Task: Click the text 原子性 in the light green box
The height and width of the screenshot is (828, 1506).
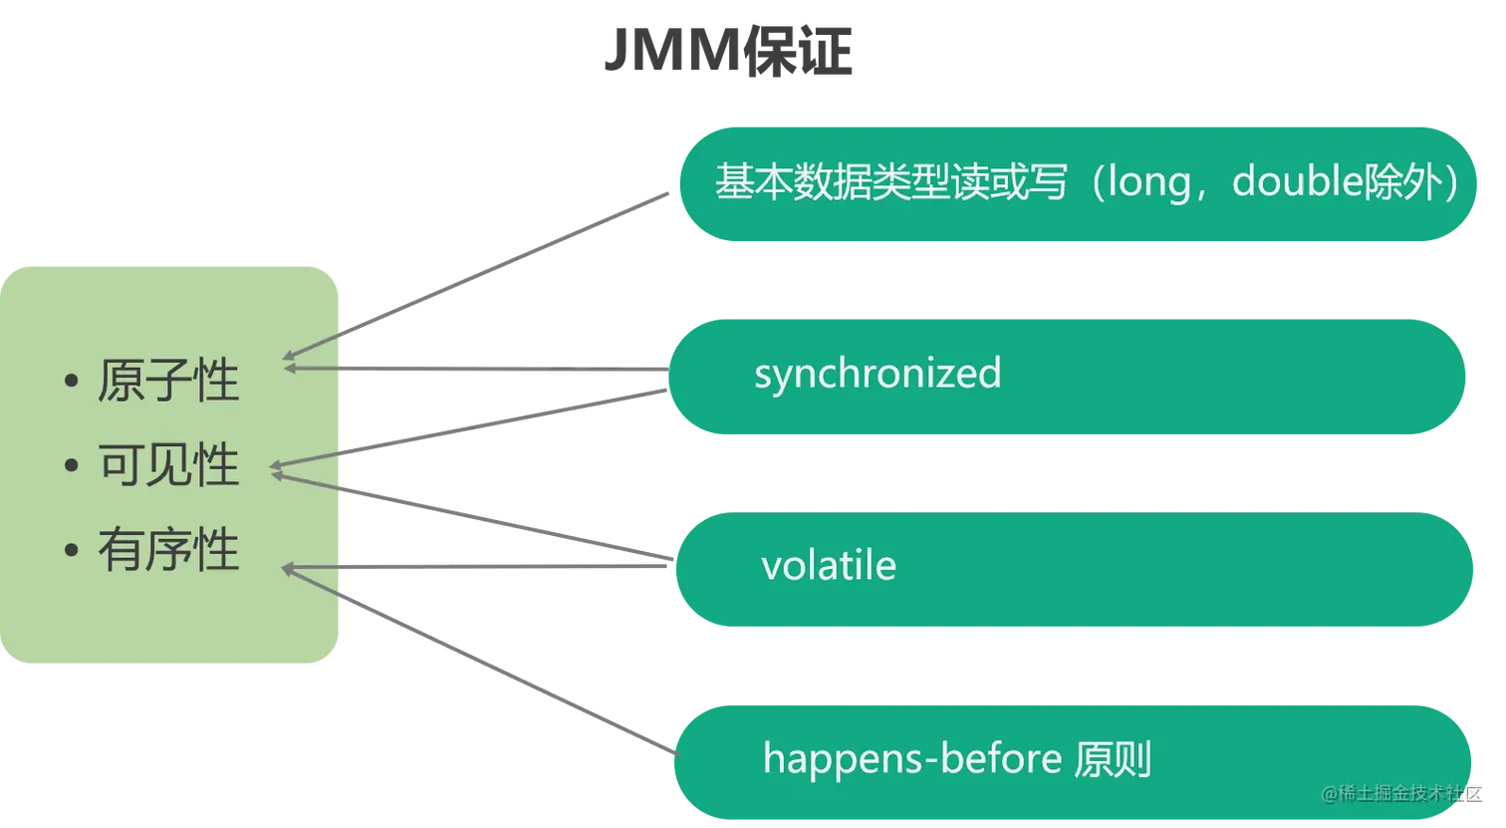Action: [x=168, y=382]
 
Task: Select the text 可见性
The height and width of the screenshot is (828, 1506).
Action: [x=168, y=465]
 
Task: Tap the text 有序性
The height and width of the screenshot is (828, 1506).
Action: [x=168, y=549]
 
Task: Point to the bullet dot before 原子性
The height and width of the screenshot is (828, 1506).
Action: [x=70, y=383]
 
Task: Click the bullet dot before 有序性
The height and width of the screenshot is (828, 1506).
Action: [x=70, y=550]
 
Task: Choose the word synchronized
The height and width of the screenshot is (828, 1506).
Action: [x=878, y=374]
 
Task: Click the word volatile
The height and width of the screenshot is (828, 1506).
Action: [x=829, y=566]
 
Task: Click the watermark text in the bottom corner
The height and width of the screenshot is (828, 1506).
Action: [x=1402, y=793]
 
